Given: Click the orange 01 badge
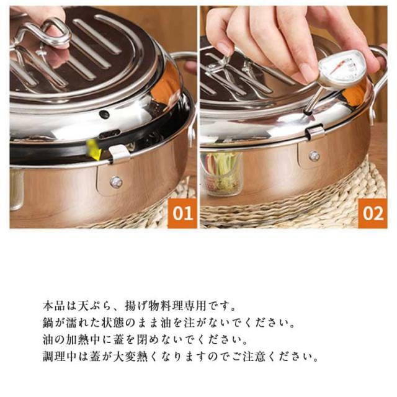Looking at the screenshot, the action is [182, 213].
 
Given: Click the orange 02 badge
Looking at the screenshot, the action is [373, 213].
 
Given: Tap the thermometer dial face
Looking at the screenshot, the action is [339, 68].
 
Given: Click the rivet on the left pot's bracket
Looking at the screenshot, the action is [116, 182].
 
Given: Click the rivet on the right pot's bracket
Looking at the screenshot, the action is [314, 156].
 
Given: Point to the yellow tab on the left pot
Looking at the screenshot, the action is [94, 149].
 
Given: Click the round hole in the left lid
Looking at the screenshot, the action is [104, 115].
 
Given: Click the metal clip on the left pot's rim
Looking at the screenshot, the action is [120, 154].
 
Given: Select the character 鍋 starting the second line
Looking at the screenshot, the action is [48, 323].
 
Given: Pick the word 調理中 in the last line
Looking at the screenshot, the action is [60, 357].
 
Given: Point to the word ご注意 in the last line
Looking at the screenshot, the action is [249, 357].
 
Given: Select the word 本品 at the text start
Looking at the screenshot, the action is [54, 306].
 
